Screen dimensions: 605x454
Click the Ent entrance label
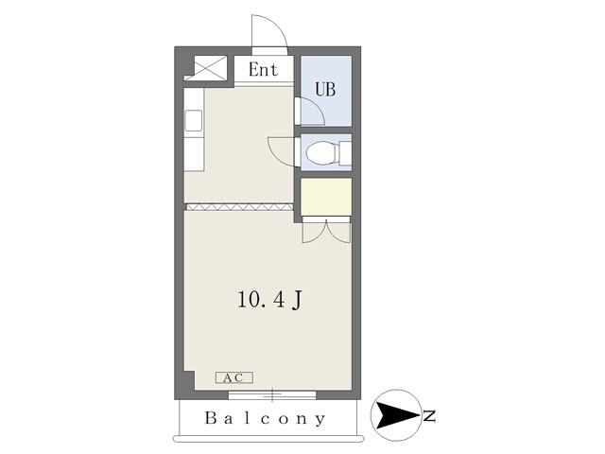point(263,70)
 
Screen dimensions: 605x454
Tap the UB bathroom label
point(325,89)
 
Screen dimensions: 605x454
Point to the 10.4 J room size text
point(269,300)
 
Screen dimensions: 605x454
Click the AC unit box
point(234,377)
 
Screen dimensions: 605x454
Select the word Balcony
point(265,418)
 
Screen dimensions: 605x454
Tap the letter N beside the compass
point(429,416)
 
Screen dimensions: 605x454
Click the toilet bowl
point(321,153)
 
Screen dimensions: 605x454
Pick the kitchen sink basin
point(193,120)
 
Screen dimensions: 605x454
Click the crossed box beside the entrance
point(210,68)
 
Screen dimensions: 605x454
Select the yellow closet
point(326,197)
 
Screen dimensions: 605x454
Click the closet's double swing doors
point(326,231)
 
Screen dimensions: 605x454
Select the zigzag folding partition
point(239,207)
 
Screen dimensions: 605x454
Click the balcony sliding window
point(272,395)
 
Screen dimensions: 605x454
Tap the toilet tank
point(345,153)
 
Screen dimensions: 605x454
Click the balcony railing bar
point(268,439)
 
